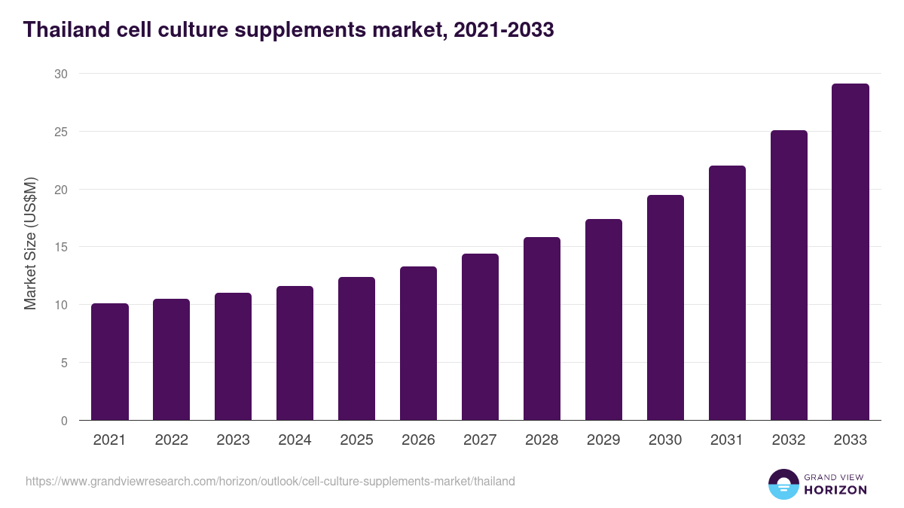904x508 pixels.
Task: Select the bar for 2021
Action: point(109,362)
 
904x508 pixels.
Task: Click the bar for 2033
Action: point(851,252)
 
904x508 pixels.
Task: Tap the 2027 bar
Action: point(480,337)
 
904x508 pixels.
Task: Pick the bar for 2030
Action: point(665,308)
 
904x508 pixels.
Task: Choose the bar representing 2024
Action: point(295,353)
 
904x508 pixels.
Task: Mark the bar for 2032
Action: point(789,275)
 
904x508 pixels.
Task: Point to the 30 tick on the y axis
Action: point(60,74)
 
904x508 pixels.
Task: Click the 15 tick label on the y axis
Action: point(60,247)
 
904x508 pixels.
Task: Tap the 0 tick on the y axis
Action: point(64,421)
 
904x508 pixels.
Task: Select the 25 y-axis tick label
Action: point(60,132)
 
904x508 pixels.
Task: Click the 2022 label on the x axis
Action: point(171,440)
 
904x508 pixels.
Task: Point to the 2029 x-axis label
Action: point(603,440)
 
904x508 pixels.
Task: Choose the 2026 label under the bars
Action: point(418,440)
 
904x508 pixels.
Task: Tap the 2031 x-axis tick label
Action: point(727,440)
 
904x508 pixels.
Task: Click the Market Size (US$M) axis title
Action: point(30,243)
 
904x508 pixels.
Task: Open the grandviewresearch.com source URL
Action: point(270,481)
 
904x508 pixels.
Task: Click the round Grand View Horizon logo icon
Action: point(783,484)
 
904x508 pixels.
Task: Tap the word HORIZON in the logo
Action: point(835,490)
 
